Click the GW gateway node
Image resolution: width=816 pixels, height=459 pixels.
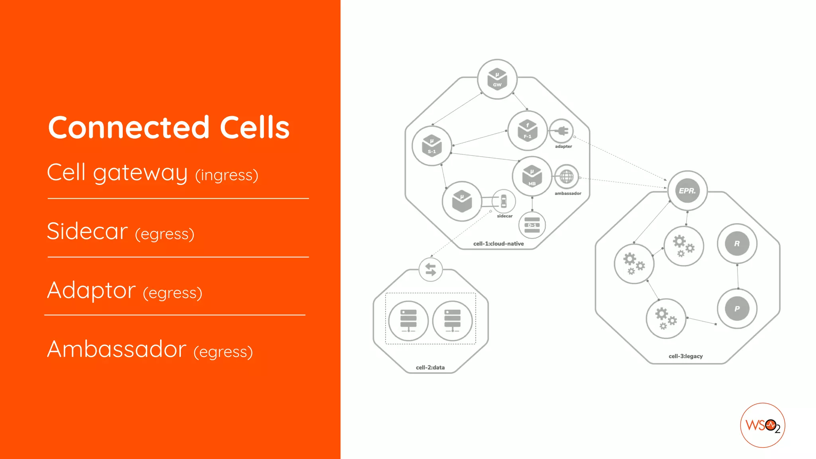[x=497, y=79]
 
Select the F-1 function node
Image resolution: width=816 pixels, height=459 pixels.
[x=528, y=131]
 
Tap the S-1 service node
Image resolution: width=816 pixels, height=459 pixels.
[x=432, y=146]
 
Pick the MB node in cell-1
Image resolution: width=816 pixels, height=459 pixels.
[x=532, y=177]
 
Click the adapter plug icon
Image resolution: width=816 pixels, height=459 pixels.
[x=561, y=131]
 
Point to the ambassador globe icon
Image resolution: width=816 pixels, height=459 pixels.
[x=566, y=177]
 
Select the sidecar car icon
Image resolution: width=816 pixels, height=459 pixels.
[x=504, y=201]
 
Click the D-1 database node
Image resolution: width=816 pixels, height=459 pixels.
[x=532, y=225]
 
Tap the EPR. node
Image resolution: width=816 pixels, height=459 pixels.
[x=687, y=191]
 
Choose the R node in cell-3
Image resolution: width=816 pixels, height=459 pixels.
[x=737, y=243]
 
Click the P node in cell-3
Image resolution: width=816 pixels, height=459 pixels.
[x=737, y=309]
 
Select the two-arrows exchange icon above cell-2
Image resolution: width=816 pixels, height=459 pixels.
[x=431, y=270]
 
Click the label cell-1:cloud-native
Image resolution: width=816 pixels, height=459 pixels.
[x=498, y=243]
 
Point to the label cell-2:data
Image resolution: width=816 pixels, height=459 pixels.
[x=430, y=367]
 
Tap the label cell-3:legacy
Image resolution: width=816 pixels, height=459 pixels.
[x=686, y=356]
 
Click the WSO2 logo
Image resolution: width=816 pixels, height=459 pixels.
[x=763, y=426]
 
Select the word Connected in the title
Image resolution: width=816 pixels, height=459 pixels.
[x=129, y=127]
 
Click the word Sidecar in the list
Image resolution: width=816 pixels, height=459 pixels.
[x=87, y=231]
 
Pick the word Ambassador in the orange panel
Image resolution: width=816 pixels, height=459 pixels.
[x=117, y=349]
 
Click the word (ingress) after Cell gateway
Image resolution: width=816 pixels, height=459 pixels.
[x=227, y=175]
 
